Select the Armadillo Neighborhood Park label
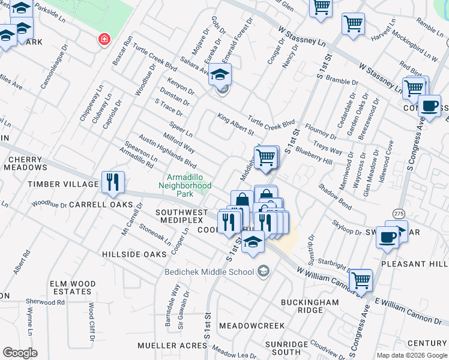click(x=188, y=186)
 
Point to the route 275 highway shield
click(x=399, y=214)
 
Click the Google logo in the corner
click(x=20, y=353)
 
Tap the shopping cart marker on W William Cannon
click(x=360, y=280)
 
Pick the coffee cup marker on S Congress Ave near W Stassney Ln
click(x=429, y=106)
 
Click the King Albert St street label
click(x=236, y=125)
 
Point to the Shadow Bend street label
click(x=335, y=196)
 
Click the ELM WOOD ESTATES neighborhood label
click(x=73, y=288)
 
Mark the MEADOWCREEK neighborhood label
click(x=251, y=325)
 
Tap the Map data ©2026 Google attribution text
click(x=412, y=355)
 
